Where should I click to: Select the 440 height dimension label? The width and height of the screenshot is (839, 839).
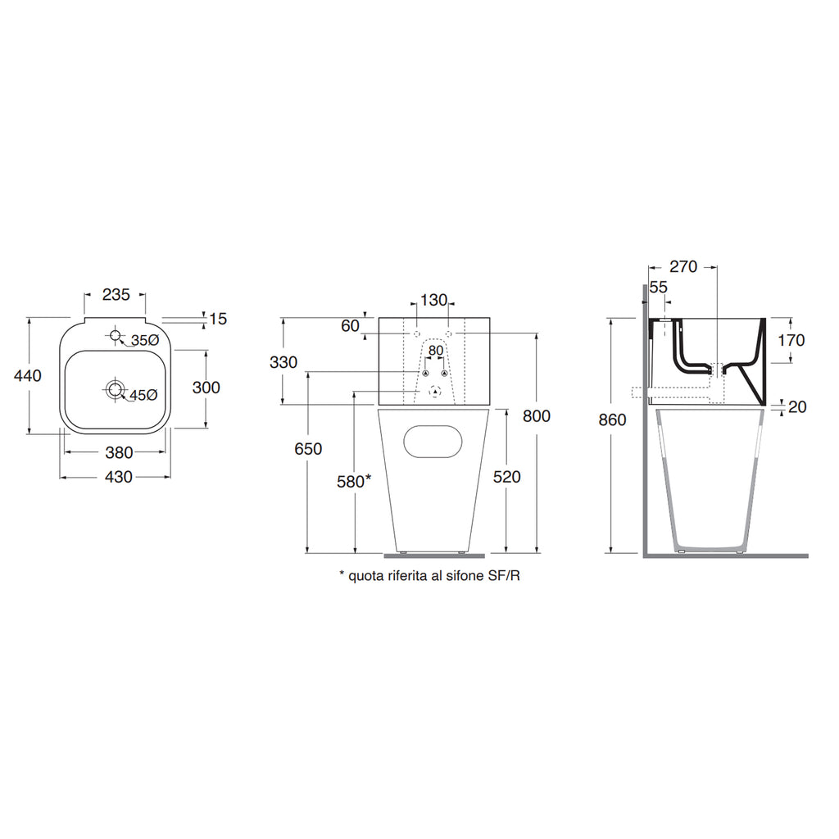pyautogui.click(x=28, y=374)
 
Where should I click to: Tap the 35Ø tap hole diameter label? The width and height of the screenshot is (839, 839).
pyautogui.click(x=144, y=339)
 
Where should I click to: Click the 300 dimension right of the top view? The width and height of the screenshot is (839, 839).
pyautogui.click(x=206, y=388)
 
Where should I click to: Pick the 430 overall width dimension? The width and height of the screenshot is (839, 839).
pyautogui.click(x=119, y=477)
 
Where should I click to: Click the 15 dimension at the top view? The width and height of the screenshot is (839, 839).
pyautogui.click(x=218, y=319)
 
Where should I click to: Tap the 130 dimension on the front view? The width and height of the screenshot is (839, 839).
pyautogui.click(x=433, y=300)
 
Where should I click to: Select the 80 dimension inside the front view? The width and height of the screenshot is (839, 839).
pyautogui.click(x=435, y=351)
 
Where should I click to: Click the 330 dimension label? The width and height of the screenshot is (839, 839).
pyautogui.click(x=283, y=362)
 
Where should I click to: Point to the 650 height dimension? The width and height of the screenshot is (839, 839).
pyautogui.click(x=310, y=449)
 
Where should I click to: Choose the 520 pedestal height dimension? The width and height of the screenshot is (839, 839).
pyautogui.click(x=508, y=477)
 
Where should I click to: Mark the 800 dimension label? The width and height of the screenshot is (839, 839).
pyautogui.click(x=537, y=416)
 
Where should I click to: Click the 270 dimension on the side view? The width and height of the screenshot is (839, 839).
pyautogui.click(x=683, y=266)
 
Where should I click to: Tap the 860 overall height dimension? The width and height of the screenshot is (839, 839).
pyautogui.click(x=612, y=420)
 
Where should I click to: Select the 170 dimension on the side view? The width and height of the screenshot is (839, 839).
pyautogui.click(x=791, y=340)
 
